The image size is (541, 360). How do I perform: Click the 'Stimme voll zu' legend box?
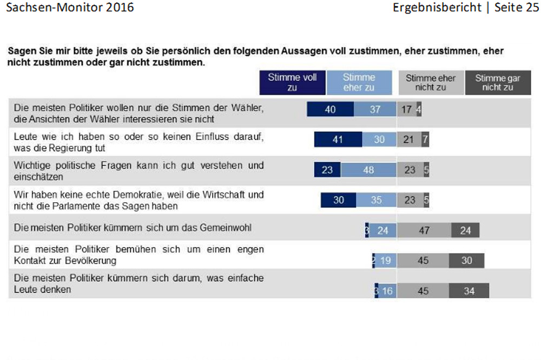(292, 83)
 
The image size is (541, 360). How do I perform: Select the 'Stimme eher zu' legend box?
(359, 83)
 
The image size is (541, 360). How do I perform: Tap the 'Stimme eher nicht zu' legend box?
(430, 83)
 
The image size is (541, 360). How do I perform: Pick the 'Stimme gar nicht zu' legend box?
(498, 83)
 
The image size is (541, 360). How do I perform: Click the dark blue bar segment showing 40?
(331, 109)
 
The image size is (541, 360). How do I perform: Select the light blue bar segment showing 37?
(375, 109)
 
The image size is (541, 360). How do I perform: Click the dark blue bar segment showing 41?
(338, 139)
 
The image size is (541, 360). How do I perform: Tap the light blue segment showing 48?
(368, 170)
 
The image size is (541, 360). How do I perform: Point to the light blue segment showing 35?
(376, 200)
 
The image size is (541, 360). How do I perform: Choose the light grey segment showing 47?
(424, 230)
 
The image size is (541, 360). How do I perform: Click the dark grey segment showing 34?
(469, 291)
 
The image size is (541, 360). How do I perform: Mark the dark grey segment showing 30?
(467, 261)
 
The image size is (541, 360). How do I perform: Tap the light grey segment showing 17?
(407, 109)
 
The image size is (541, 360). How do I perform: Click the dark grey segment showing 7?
(425, 139)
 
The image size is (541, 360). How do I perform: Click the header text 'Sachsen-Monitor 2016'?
(69, 8)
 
